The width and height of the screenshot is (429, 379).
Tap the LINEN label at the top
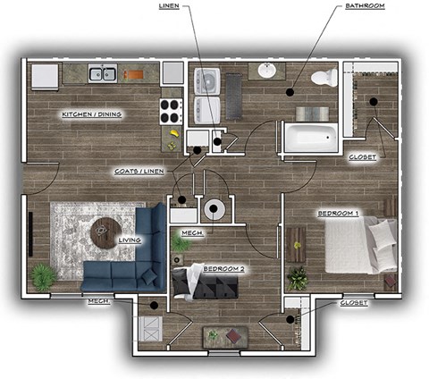click(x=169, y=6)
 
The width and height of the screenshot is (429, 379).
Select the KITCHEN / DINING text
click(x=93, y=114)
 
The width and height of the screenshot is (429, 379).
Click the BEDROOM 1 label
click(x=338, y=214)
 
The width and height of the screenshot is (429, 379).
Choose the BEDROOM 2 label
click(x=223, y=268)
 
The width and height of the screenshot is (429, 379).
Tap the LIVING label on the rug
click(x=130, y=240)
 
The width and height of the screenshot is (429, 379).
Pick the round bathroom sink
click(x=267, y=71)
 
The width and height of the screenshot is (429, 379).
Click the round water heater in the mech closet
click(x=215, y=210)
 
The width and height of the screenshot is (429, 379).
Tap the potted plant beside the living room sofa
click(x=42, y=276)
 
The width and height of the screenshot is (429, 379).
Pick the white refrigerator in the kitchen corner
click(x=45, y=75)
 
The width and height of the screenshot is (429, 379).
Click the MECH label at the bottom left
click(x=98, y=302)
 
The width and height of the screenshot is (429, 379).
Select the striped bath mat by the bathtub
click(x=312, y=114)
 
